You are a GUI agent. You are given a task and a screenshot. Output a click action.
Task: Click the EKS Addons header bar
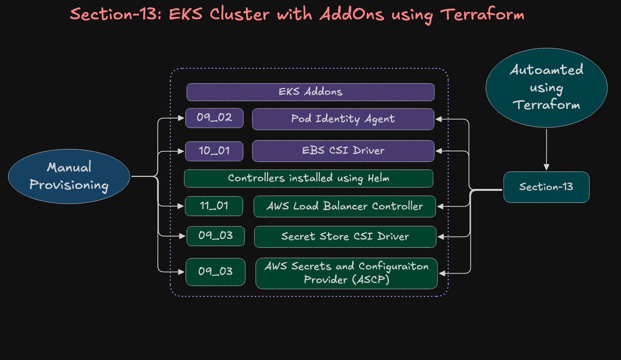click(310, 92)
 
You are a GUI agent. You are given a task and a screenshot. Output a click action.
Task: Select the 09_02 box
click(214, 118)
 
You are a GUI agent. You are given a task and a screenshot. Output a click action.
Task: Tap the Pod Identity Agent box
click(343, 119)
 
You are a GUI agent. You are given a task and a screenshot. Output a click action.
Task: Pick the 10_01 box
click(214, 151)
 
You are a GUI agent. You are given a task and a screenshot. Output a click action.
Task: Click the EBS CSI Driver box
click(343, 151)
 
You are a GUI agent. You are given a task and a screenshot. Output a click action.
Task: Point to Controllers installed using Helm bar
click(308, 178)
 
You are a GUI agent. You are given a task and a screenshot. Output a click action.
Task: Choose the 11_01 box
click(214, 206)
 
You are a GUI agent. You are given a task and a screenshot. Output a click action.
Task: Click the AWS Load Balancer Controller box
click(344, 206)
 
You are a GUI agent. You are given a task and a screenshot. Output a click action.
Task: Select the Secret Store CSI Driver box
click(345, 237)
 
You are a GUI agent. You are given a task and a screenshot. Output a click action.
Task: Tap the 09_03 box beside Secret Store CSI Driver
click(216, 236)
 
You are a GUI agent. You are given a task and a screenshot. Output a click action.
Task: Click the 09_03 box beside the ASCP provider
click(216, 272)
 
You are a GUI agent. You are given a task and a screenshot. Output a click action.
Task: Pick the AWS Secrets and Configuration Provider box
click(346, 273)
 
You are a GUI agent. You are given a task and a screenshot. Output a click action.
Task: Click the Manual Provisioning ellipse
click(69, 177)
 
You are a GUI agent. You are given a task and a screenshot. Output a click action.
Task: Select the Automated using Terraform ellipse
click(546, 88)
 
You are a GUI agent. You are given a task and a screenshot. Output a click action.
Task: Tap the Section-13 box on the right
click(546, 187)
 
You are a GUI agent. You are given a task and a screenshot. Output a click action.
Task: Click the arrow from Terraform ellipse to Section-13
click(546, 149)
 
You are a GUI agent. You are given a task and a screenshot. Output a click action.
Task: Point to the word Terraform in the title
click(482, 15)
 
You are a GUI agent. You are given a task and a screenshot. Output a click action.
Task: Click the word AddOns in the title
click(352, 15)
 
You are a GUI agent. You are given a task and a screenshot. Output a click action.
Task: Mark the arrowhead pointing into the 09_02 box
click(181, 118)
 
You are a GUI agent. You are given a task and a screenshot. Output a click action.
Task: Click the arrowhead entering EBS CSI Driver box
click(439, 151)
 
